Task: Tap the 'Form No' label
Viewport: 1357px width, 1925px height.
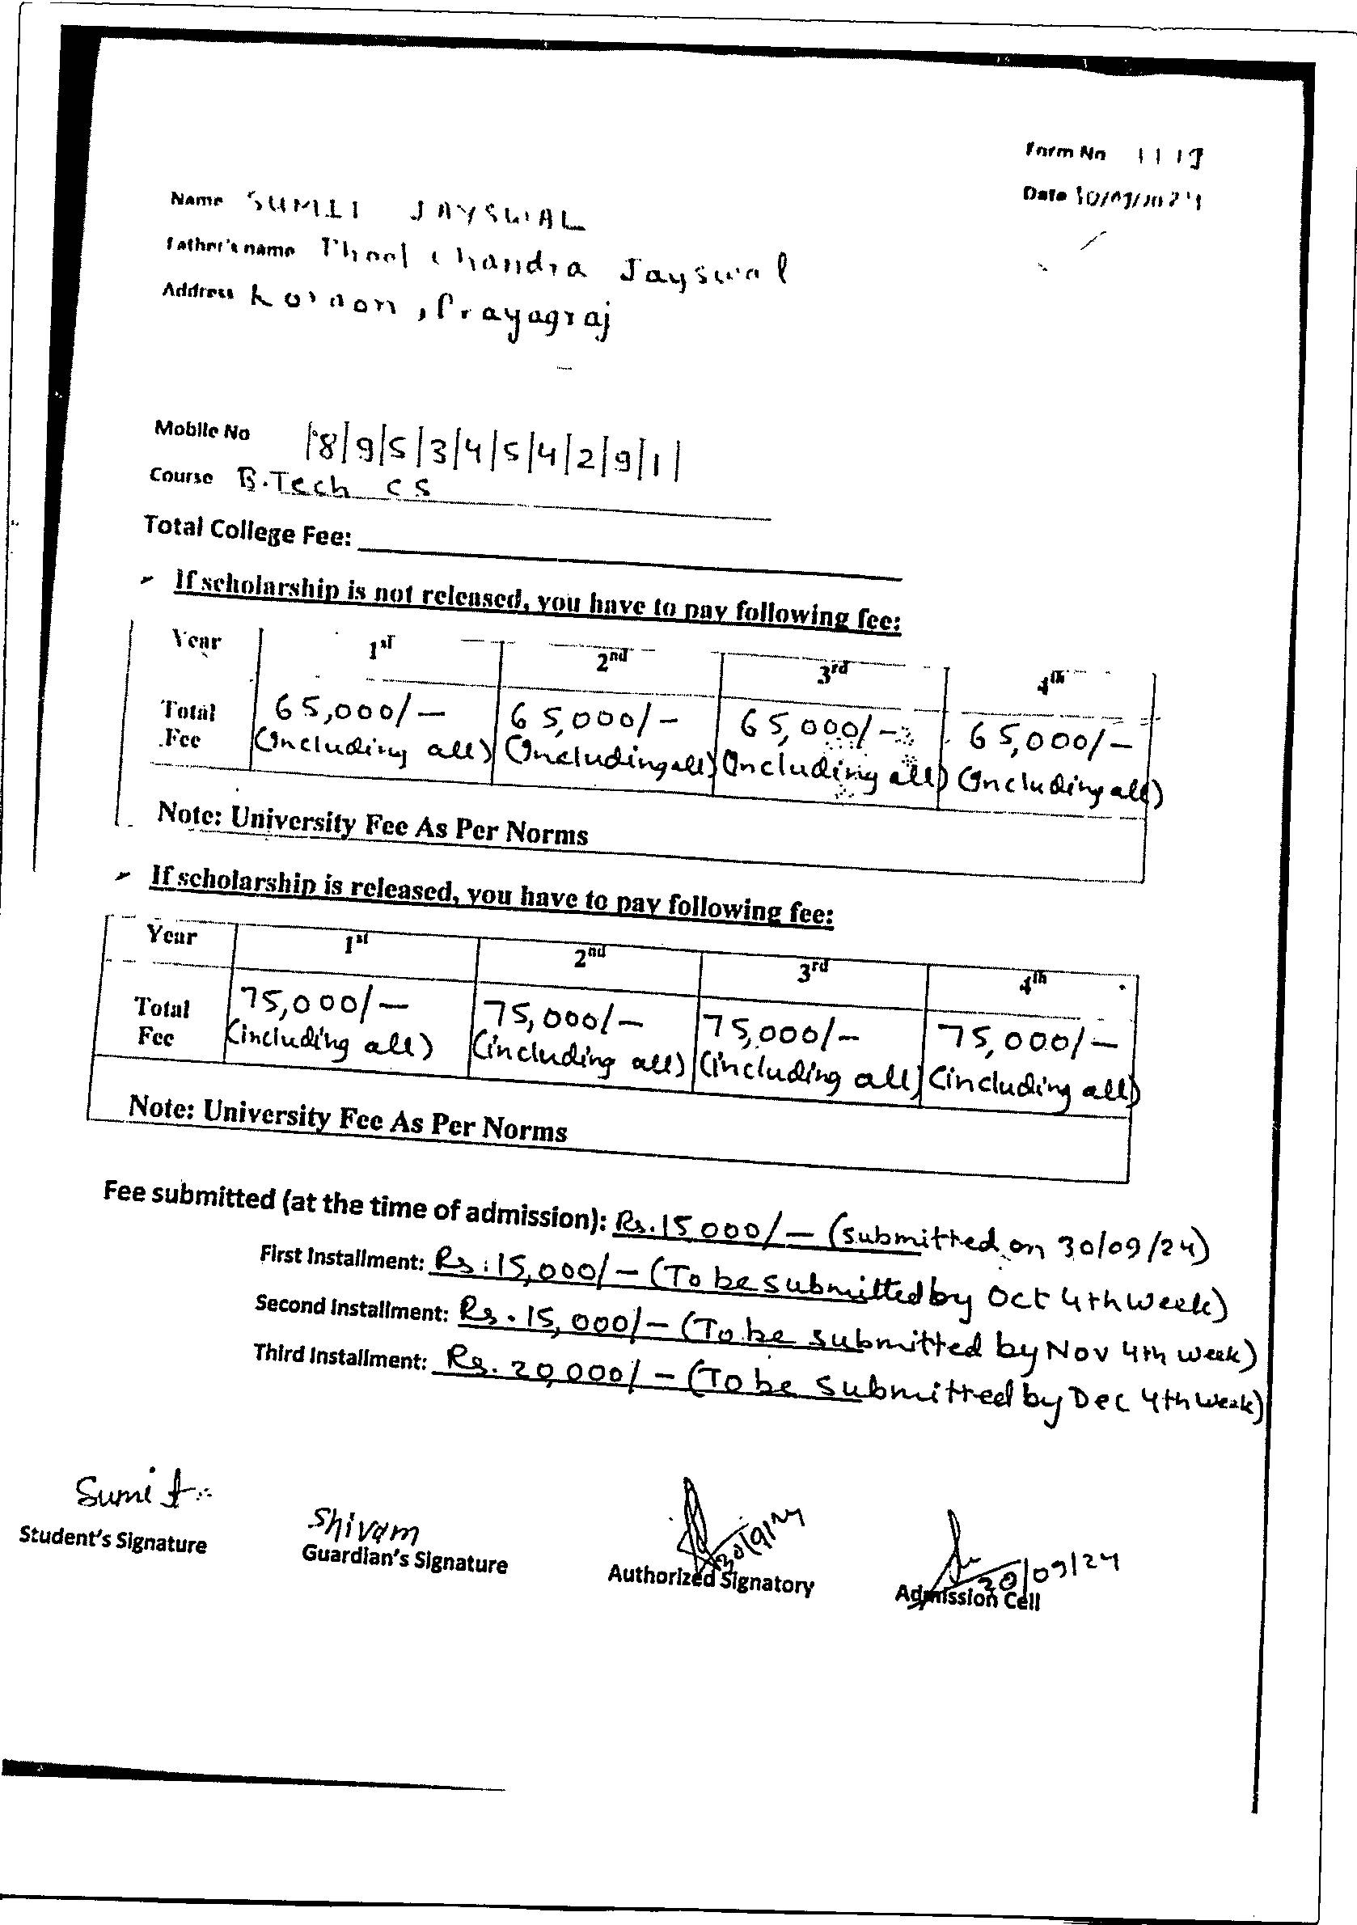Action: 1065,153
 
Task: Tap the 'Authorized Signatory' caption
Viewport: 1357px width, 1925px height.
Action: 710,1580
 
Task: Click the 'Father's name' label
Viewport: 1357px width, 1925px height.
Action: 231,247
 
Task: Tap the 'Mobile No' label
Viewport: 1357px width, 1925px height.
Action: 202,431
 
